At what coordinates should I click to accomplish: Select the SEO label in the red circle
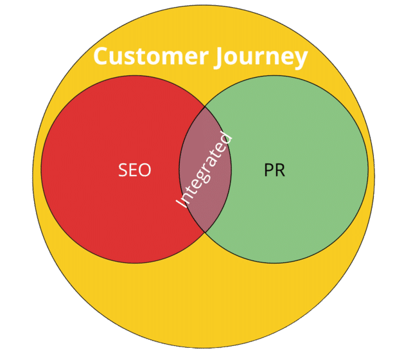pyautogui.click(x=135, y=170)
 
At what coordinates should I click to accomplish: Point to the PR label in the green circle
pyautogui.click(x=274, y=170)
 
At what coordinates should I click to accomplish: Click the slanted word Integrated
pyautogui.click(x=204, y=169)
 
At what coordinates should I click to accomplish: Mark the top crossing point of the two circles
pyautogui.click(x=205, y=107)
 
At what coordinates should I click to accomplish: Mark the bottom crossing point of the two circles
pyautogui.click(x=205, y=232)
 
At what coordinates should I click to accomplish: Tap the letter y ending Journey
pyautogui.click(x=300, y=59)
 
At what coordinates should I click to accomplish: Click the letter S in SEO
pyautogui.click(x=123, y=170)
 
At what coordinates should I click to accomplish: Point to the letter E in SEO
pyautogui.click(x=134, y=170)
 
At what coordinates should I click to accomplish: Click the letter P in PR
pyautogui.click(x=268, y=170)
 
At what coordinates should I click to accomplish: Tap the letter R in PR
pyautogui.click(x=279, y=170)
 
